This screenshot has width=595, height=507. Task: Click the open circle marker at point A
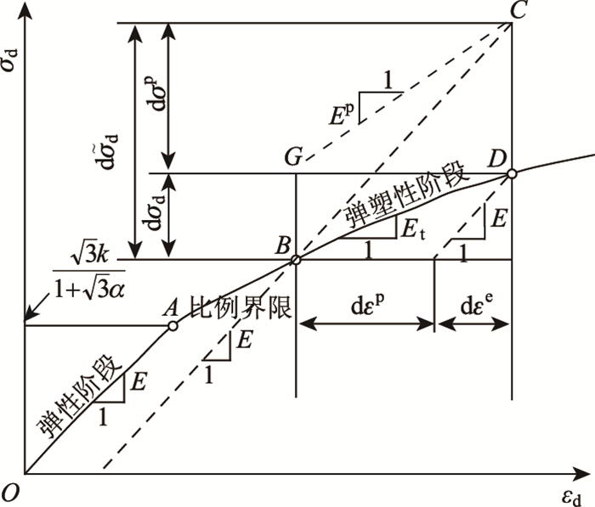pyautogui.click(x=173, y=325)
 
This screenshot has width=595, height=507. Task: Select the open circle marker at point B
pyautogui.click(x=295, y=260)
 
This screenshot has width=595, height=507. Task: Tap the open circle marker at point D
pyautogui.click(x=512, y=174)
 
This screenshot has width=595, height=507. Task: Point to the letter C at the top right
pyautogui.click(x=513, y=10)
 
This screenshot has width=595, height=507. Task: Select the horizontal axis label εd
pyautogui.click(x=574, y=493)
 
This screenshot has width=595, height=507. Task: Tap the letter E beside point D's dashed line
pyautogui.click(x=501, y=220)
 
